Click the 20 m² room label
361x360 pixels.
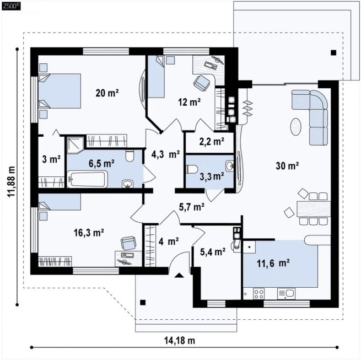point(107,93)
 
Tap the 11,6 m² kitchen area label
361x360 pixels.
point(273,263)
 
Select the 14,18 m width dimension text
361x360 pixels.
point(180,340)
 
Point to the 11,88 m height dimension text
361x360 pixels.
point(11,181)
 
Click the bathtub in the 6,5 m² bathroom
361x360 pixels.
point(87,179)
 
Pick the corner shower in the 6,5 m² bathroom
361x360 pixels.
point(75,145)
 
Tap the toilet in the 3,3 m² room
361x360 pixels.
point(192,169)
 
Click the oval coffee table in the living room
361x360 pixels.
point(295,127)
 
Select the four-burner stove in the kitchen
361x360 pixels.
point(258,294)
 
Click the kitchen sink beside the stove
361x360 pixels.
point(286,294)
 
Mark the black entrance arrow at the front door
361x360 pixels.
point(179,275)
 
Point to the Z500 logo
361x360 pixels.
point(11,6)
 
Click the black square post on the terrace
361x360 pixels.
point(333,53)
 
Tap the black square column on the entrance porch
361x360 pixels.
point(143,303)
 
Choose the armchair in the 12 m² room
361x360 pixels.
point(202,83)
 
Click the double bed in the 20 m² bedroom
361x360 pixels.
point(60,91)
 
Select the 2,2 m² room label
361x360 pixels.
point(212,142)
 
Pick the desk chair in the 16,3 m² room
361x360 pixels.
point(128,243)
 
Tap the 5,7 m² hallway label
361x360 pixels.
point(192,207)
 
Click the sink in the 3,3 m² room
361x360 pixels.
point(229,165)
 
